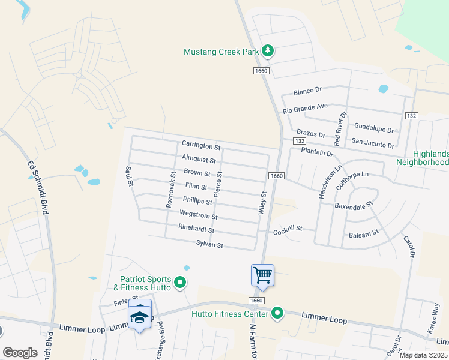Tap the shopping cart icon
(262, 275)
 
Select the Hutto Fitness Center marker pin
(277, 313)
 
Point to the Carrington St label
(202, 146)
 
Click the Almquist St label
(199, 160)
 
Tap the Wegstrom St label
(198, 215)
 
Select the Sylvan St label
(209, 245)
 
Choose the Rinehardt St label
(196, 227)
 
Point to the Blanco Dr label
(307, 91)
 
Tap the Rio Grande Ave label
(306, 108)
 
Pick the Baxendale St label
(354, 205)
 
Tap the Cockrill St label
(286, 230)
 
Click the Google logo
(20, 353)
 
